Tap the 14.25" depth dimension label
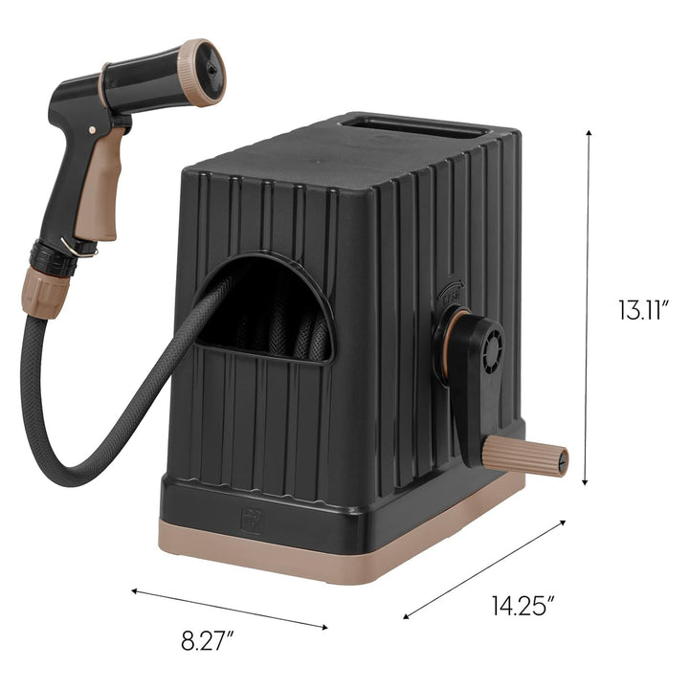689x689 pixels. point(523,606)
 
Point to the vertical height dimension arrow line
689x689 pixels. point(588,306)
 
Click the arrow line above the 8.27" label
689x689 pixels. point(229,610)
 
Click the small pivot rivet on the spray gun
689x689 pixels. point(94,130)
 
